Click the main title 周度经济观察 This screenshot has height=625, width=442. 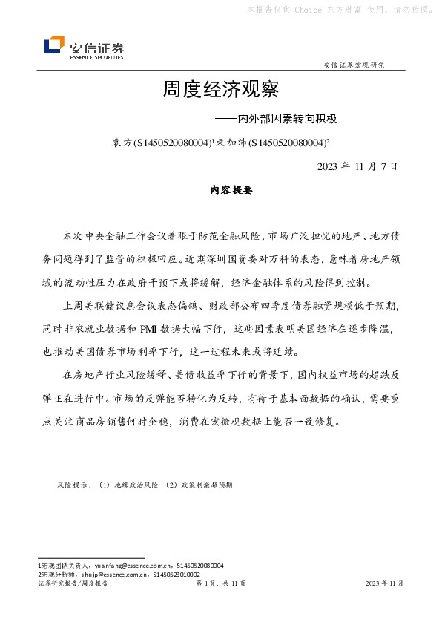pyautogui.click(x=220, y=91)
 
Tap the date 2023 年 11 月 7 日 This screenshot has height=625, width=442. pyautogui.click(x=357, y=166)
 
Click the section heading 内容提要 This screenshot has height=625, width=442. pyautogui.click(x=221, y=190)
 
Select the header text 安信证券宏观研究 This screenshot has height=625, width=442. pyautogui.click(x=354, y=65)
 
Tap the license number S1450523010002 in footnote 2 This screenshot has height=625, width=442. pyautogui.click(x=170, y=574)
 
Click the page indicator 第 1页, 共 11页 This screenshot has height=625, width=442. pyautogui.click(x=220, y=584)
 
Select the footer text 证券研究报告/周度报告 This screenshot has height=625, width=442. pyautogui.click(x=73, y=584)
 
